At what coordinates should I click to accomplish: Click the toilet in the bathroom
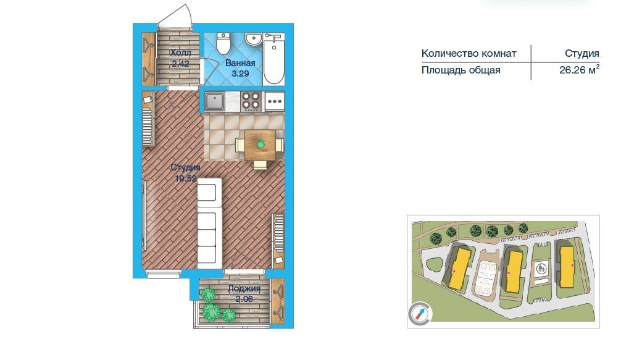point(223,43)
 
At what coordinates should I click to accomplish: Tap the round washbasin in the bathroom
point(252,39)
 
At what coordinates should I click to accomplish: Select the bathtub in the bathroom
point(274,59)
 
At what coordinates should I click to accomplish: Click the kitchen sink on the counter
point(215,101)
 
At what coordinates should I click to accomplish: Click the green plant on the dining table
point(260,144)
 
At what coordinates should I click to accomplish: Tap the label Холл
point(181,52)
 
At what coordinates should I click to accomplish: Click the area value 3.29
point(240,73)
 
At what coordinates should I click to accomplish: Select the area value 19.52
point(186,178)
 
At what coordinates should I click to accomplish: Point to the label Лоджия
point(244,289)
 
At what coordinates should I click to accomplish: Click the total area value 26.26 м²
point(580,70)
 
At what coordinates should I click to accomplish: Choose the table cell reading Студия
point(581,54)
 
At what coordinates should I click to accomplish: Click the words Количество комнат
point(469,54)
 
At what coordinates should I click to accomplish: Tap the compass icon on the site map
point(420,314)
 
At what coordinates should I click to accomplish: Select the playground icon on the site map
point(541,269)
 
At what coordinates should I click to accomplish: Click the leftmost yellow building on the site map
point(459,268)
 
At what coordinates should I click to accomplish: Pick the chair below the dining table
point(260,165)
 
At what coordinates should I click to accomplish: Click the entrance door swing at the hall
point(175,16)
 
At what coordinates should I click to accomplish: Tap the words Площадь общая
point(461,70)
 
